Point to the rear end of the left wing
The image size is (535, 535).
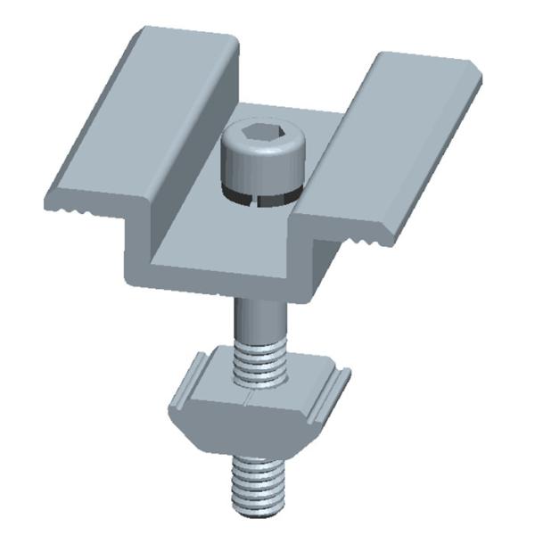point(183,40)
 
